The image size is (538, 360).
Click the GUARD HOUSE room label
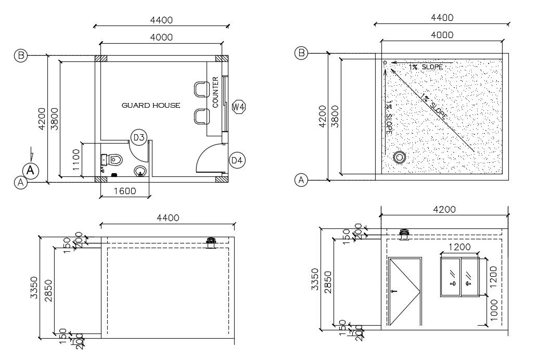[x=151, y=105]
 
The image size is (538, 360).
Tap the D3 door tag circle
[x=139, y=137]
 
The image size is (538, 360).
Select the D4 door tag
[x=237, y=160]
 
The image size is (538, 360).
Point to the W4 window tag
[x=239, y=107]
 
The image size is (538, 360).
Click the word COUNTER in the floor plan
[x=216, y=92]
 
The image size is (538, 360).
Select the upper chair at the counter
[x=200, y=89]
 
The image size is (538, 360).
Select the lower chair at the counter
[x=200, y=117]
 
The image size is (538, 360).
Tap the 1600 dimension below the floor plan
[x=124, y=191]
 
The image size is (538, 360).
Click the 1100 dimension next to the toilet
[x=76, y=160]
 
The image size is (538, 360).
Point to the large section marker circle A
[x=31, y=170]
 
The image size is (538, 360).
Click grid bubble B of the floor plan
[x=20, y=56]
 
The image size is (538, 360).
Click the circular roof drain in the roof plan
[x=400, y=157]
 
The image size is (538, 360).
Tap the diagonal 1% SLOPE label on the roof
[x=433, y=108]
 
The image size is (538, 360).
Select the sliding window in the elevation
[x=460, y=277]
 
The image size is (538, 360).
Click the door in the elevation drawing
[x=405, y=291]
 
